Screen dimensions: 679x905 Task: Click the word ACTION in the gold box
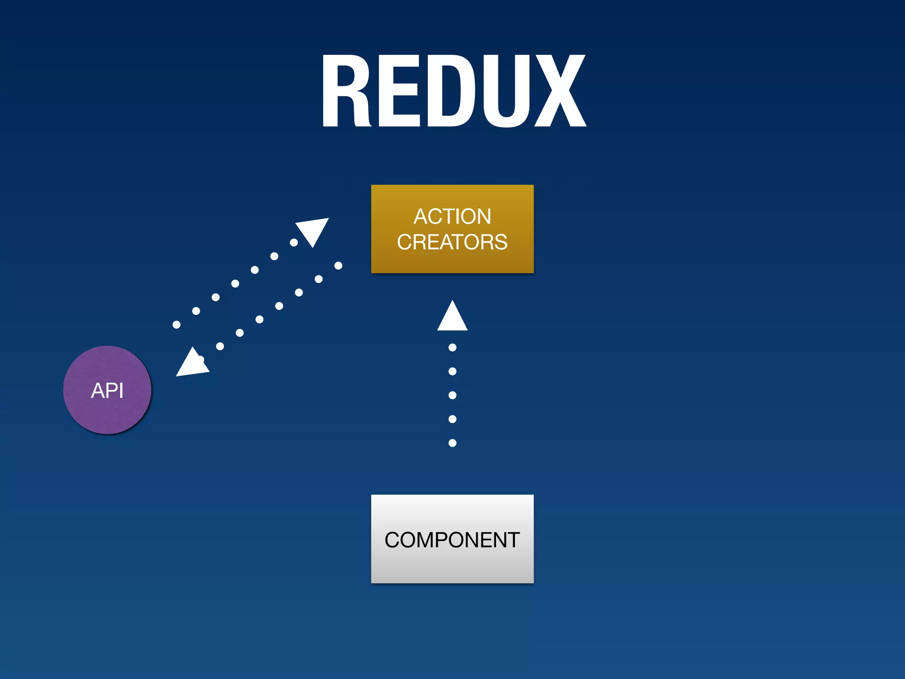[x=452, y=217]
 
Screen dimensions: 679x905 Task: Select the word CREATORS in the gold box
[x=452, y=242]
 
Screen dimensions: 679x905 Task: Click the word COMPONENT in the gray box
[x=452, y=540]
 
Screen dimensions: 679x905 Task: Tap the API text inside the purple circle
[x=107, y=391]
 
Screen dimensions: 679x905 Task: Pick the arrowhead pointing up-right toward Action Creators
[x=314, y=230]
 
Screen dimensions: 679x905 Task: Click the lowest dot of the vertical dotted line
[x=452, y=443]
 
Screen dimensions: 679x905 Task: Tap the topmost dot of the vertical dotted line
[x=452, y=347]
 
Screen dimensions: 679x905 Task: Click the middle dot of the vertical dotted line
[x=452, y=395]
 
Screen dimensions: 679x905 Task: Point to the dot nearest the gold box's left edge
[x=338, y=266]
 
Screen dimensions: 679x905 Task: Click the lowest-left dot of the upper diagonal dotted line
[x=176, y=325]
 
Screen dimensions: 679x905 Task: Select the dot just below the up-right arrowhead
[x=294, y=243]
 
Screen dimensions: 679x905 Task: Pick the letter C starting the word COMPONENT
[x=392, y=540]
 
